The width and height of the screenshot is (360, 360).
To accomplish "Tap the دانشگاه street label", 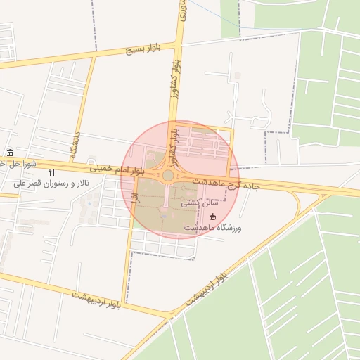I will tap(75, 143).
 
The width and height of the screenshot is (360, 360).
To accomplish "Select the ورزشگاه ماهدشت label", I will tap(213, 229).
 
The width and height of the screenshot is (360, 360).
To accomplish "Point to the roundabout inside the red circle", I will tap(168, 175).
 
